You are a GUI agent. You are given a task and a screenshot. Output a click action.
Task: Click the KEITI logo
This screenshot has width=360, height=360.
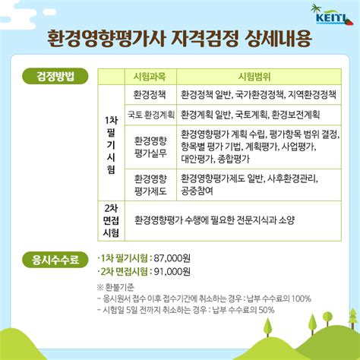click(x=332, y=15)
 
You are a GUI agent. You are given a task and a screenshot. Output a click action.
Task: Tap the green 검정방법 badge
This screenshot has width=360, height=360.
click(x=55, y=76)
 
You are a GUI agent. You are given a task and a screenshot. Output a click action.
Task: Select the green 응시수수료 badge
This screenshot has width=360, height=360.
click(x=55, y=260)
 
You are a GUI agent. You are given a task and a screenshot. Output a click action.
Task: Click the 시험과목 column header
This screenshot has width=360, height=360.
click(x=150, y=77)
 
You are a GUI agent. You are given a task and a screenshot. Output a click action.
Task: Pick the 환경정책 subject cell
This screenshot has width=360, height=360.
click(x=150, y=95)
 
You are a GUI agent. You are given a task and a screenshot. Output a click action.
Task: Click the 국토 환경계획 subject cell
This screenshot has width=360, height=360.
click(x=151, y=115)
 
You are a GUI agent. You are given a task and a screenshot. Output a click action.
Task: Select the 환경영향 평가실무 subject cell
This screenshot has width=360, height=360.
click(x=150, y=147)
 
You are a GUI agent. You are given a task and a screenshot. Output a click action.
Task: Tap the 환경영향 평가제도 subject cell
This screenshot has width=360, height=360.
click(x=150, y=185)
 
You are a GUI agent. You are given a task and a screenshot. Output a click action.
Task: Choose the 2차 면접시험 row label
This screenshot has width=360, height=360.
click(x=111, y=220)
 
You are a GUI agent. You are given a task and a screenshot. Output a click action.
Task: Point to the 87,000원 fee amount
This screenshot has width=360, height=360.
click(x=172, y=258)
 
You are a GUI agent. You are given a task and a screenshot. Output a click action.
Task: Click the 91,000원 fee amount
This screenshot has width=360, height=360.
click(x=172, y=272)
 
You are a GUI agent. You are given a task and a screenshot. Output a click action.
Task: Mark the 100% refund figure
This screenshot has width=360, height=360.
click(x=301, y=298)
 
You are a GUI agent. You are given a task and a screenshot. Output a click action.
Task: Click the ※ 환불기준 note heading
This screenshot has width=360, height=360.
click(x=115, y=287)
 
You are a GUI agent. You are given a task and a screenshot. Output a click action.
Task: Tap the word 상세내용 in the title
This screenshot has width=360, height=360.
click(x=278, y=39)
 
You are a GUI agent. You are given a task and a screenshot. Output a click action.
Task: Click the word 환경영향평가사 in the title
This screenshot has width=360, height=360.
click(x=106, y=39)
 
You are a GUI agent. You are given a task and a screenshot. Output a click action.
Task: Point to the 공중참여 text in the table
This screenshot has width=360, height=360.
click(x=197, y=191)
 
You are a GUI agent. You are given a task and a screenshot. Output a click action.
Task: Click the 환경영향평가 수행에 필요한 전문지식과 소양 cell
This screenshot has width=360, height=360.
click(x=214, y=220)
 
